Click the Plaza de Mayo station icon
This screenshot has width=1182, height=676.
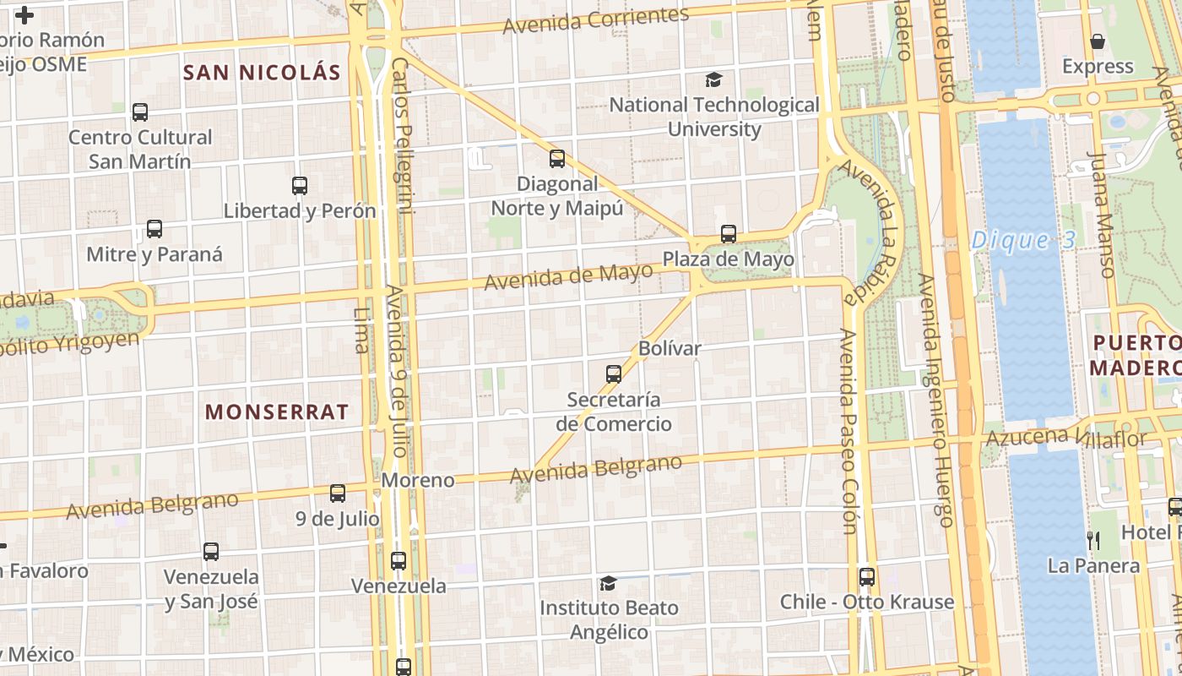point(728,234)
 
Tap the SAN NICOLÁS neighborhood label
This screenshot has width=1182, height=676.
point(262,73)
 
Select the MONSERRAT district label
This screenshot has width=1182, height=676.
point(277,412)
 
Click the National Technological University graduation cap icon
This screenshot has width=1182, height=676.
point(714,80)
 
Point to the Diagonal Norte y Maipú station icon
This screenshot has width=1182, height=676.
point(557,159)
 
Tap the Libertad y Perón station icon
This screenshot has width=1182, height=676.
point(300,186)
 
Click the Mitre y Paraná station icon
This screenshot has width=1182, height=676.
point(155,229)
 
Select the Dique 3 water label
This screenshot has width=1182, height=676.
point(1023,241)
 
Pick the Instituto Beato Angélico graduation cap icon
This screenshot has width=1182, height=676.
point(608,583)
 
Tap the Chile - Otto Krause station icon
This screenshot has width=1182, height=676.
point(867,577)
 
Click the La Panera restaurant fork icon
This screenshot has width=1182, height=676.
point(1093,540)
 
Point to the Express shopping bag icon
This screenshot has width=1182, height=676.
point(1098,41)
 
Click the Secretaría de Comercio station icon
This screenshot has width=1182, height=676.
point(614,373)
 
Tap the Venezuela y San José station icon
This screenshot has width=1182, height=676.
point(211,552)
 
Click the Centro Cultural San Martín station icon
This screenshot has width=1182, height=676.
point(140,112)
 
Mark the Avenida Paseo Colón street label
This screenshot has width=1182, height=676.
point(849,431)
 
